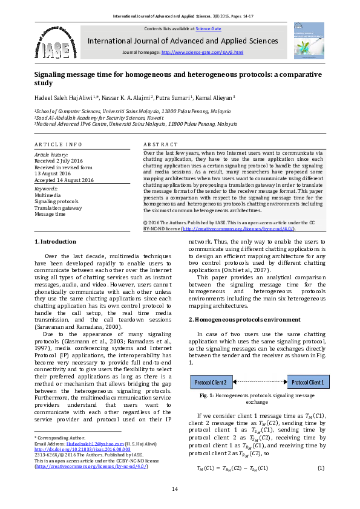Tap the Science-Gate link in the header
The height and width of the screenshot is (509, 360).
(208, 28)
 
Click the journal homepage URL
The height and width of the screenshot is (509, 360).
(202, 53)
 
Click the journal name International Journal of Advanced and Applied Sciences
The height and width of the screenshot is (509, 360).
(183, 41)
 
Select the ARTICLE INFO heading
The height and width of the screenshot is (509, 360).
(57, 145)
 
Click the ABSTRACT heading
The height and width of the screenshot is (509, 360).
(160, 145)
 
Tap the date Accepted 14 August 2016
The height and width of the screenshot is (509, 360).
(64, 180)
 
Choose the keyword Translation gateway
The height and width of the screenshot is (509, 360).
(58, 207)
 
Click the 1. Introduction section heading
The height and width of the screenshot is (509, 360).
(56, 242)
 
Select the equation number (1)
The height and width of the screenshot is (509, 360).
(321, 468)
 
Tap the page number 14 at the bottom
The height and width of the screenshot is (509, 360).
(175, 489)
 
